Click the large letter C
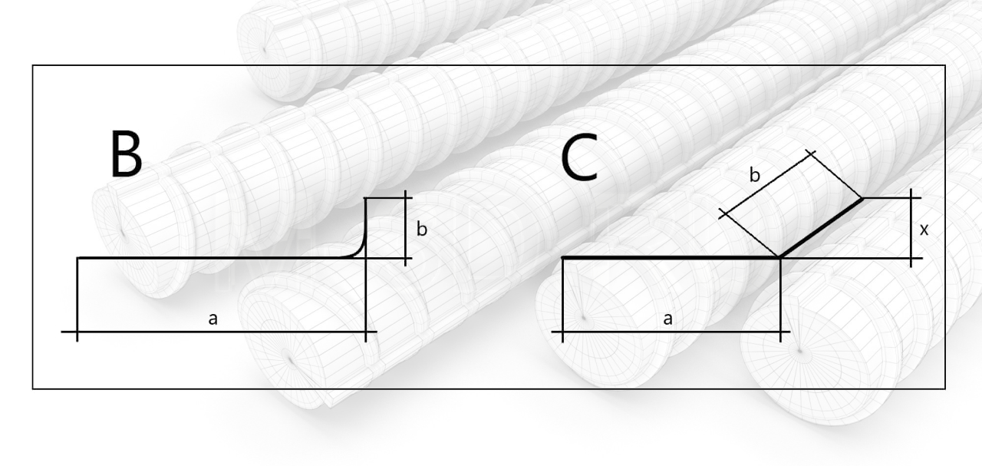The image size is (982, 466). (x=579, y=159)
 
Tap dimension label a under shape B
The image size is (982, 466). (x=213, y=319)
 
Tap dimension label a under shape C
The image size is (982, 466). (x=667, y=319)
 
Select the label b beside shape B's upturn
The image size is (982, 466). (x=421, y=228)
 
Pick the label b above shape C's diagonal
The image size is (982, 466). (x=755, y=175)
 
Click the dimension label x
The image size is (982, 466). (x=924, y=229)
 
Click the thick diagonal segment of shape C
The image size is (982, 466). (x=821, y=228)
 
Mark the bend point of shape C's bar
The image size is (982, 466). (x=780, y=258)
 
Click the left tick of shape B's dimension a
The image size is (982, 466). (x=77, y=332)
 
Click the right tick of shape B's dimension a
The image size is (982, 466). (x=366, y=332)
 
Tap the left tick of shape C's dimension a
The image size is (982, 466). (x=563, y=332)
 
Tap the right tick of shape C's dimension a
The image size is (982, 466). (x=780, y=332)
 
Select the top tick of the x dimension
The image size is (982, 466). (x=911, y=198)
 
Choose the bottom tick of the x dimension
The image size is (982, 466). (x=911, y=258)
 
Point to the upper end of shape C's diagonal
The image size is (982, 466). (x=862, y=199)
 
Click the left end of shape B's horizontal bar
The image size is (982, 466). (x=78, y=258)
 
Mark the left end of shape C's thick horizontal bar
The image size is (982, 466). (x=563, y=258)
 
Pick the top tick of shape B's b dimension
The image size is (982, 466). (x=404, y=198)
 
